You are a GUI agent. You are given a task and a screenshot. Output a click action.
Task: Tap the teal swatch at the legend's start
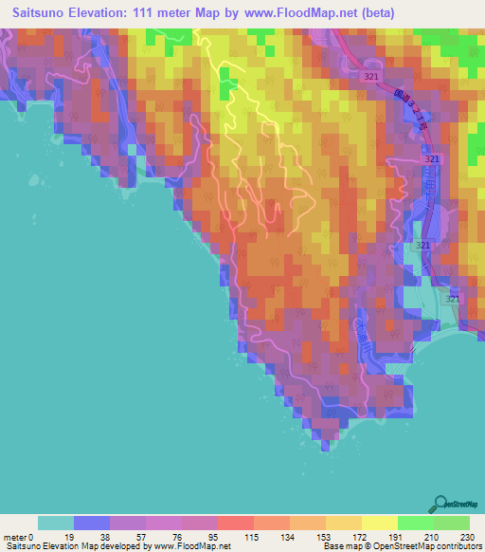pos(55,523)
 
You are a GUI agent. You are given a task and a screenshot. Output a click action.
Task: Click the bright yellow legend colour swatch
pos(379,523)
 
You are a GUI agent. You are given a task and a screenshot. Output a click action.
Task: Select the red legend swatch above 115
pos(235,523)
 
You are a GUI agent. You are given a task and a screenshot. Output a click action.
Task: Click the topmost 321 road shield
pos(374,73)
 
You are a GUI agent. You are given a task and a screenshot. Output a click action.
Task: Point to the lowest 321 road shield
pos(453,299)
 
